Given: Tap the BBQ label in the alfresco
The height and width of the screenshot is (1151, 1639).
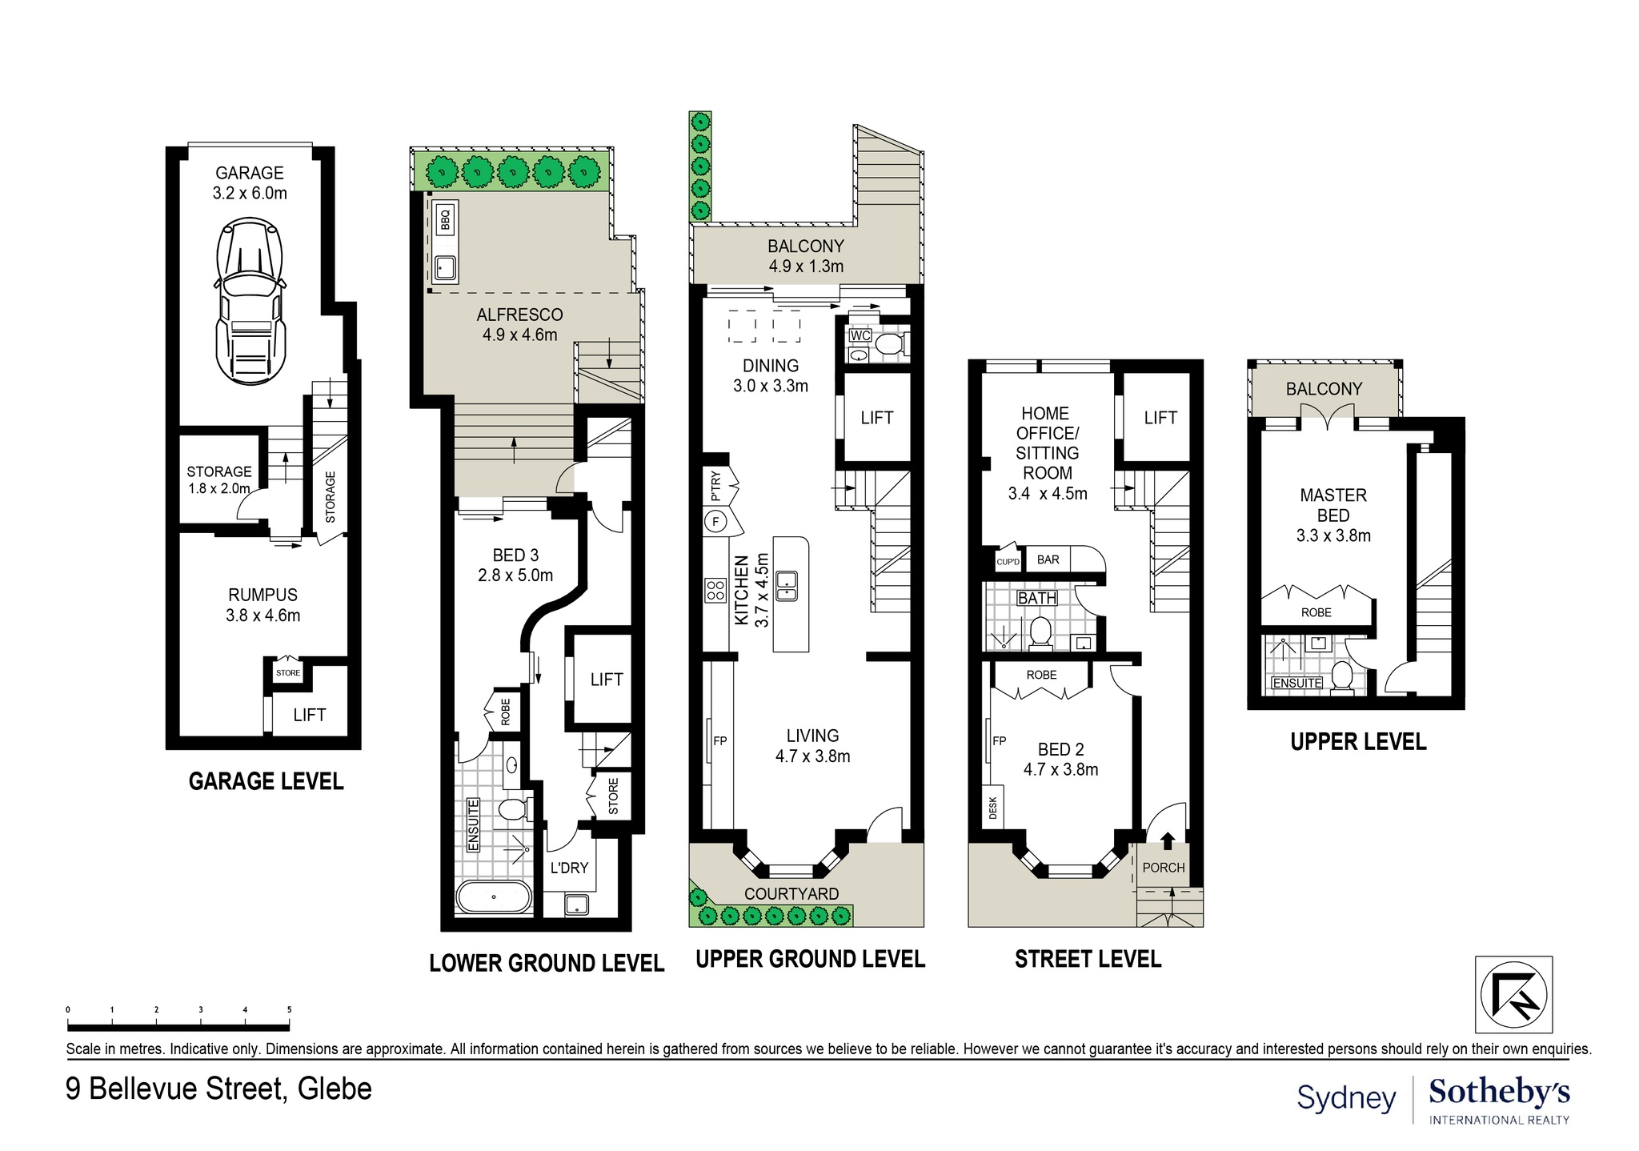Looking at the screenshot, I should click(x=447, y=218).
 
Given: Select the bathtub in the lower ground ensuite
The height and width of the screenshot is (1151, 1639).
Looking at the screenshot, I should click(x=493, y=897).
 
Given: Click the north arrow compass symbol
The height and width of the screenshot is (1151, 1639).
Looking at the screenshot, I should click(x=1513, y=995).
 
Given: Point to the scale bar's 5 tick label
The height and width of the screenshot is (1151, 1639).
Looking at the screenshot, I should click(x=289, y=1010).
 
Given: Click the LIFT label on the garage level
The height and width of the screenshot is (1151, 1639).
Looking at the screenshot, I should click(x=309, y=715).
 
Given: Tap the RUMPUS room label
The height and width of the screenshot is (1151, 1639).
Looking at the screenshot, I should click(x=262, y=596).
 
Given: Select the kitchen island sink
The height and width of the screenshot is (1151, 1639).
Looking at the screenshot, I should click(x=786, y=585).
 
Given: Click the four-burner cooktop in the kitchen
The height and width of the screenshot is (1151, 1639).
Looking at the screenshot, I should click(x=715, y=591).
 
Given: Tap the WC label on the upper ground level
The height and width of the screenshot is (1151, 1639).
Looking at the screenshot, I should click(x=860, y=335).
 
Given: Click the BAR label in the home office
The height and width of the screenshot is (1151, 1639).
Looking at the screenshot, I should click(x=1048, y=559).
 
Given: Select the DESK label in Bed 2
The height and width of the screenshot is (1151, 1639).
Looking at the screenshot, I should click(x=993, y=807).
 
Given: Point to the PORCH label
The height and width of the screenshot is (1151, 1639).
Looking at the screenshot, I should click(x=1163, y=868).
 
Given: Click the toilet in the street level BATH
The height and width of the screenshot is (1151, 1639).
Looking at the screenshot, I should click(x=1040, y=631).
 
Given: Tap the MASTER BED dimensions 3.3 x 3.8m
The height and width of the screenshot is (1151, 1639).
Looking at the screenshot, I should click(x=1333, y=536).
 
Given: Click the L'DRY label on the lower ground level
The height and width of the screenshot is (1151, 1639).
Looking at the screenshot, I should click(x=569, y=868).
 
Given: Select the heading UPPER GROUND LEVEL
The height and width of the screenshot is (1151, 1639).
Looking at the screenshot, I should click(x=810, y=959).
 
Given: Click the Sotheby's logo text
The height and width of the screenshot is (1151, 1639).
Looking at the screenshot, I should click(x=1499, y=1093).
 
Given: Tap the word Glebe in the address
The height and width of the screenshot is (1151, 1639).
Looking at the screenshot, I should click(x=335, y=1089).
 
